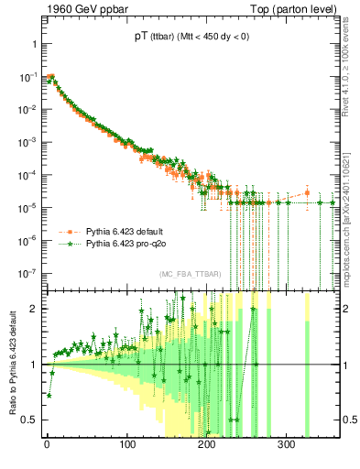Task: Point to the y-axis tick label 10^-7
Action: pos(27,273)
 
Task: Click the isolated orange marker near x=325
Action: pos(307,193)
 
